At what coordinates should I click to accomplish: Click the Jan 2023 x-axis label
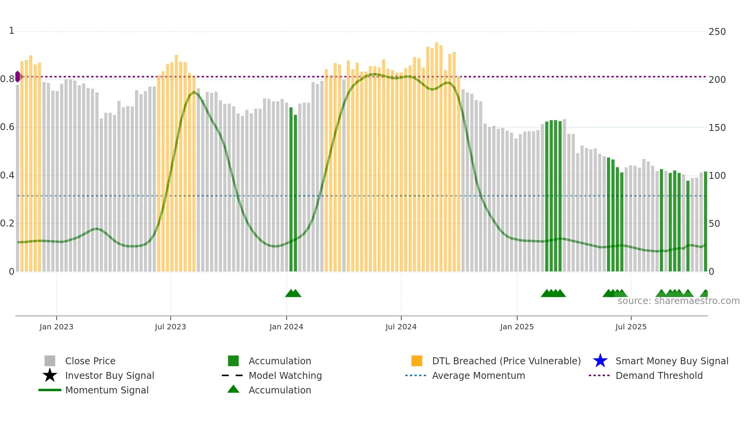tap(56, 327)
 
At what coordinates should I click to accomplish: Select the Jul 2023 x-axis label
tap(170, 327)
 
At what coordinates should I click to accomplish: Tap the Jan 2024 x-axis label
tap(286, 327)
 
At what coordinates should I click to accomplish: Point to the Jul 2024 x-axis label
tap(401, 327)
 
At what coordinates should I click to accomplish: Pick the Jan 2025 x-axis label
tap(517, 327)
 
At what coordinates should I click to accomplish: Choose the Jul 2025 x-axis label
tap(631, 327)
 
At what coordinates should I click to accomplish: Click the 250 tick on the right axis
tap(717, 32)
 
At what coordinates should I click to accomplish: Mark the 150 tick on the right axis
tap(717, 128)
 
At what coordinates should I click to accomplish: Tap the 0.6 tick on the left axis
tap(7, 127)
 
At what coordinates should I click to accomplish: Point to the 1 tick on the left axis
tap(12, 31)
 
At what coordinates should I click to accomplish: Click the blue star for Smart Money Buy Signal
tap(600, 361)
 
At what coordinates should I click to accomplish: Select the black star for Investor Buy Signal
tap(50, 375)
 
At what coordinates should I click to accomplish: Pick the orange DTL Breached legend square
tap(417, 361)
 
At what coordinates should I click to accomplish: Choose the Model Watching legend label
tap(285, 375)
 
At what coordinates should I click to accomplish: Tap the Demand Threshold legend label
tap(659, 375)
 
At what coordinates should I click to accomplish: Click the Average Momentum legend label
tap(478, 375)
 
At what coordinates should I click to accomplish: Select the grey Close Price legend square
tap(50, 361)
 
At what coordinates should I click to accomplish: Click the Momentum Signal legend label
tap(107, 390)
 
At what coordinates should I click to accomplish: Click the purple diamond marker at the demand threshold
tap(18, 77)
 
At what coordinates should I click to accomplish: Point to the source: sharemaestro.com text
tap(678, 301)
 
